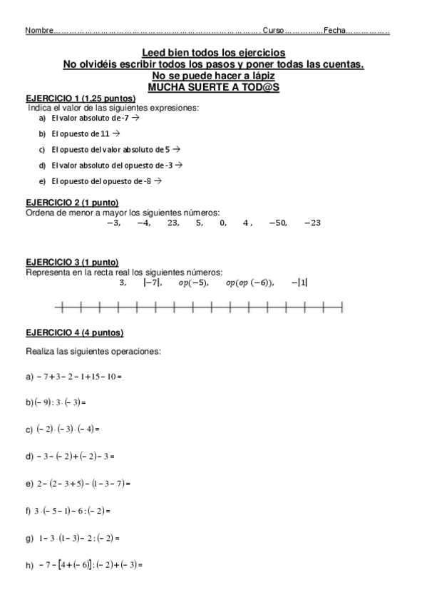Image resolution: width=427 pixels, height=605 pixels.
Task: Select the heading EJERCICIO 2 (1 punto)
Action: (72, 203)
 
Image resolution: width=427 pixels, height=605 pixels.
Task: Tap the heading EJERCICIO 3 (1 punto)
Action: (72, 262)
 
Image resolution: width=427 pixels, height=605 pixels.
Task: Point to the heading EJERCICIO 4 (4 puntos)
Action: (74, 332)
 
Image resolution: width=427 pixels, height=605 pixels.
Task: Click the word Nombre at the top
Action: (39, 31)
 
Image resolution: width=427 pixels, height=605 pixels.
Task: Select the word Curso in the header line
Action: (273, 31)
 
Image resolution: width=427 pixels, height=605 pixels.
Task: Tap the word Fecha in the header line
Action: (334, 31)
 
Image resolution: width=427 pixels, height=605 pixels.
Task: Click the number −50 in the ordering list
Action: (277, 223)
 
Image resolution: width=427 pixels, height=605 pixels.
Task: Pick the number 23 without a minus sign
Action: (173, 223)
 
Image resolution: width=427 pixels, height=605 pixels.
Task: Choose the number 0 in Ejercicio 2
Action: (223, 223)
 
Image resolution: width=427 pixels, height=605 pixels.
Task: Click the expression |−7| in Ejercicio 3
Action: (152, 283)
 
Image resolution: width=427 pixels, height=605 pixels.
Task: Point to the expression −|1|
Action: (299, 283)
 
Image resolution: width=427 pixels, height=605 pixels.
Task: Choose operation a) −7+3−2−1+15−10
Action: (74, 375)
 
